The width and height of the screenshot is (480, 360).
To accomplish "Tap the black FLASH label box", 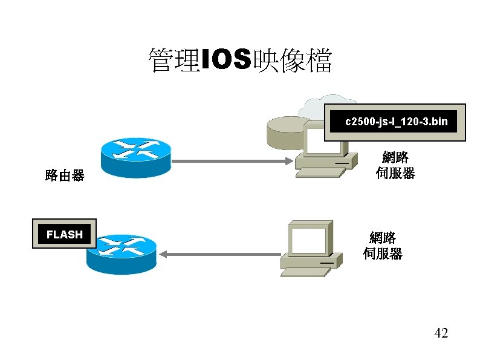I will pyautogui.click(x=64, y=234).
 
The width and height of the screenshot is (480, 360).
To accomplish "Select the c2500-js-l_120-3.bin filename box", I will pyautogui.click(x=396, y=122).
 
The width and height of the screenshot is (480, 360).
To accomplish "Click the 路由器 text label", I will pyautogui.click(x=65, y=176).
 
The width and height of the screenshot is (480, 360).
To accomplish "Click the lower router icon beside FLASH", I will pyautogui.click(x=121, y=253).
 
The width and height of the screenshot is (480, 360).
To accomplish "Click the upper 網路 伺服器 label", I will pyautogui.click(x=395, y=165).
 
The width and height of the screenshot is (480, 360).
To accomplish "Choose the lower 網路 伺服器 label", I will pyautogui.click(x=383, y=245).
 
